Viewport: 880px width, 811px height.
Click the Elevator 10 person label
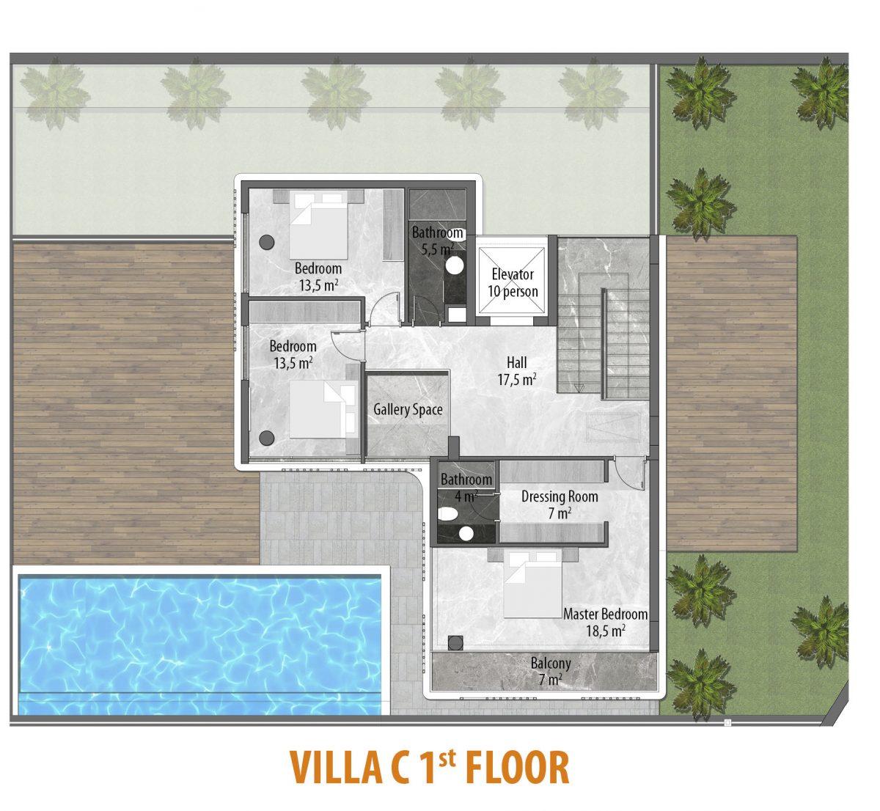pyautogui.click(x=513, y=283)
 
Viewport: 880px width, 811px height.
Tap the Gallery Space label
pyautogui.click(x=408, y=409)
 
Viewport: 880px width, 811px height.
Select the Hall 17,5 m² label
pyautogui.click(x=517, y=371)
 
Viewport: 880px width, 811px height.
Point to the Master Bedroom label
pyautogui.click(x=606, y=614)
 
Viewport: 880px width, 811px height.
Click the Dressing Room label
pyautogui.click(x=560, y=496)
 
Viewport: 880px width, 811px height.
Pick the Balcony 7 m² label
pyautogui.click(x=551, y=672)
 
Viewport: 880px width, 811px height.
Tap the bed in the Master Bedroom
pyautogui.click(x=532, y=584)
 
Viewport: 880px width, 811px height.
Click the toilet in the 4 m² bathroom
pyautogui.click(x=447, y=514)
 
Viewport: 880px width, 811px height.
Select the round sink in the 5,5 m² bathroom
pyautogui.click(x=455, y=265)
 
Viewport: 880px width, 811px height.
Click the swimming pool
pyautogui.click(x=200, y=645)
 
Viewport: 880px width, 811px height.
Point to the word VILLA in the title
pyautogui.click(x=337, y=768)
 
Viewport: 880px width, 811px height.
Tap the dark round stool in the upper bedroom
pyautogui.click(x=267, y=242)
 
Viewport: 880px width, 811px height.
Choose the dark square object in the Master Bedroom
pyautogui.click(x=455, y=643)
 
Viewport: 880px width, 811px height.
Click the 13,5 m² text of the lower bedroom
pyautogui.click(x=293, y=364)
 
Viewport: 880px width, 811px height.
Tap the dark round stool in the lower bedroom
pyautogui.click(x=267, y=438)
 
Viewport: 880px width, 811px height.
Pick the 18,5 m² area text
pyautogui.click(x=606, y=631)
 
